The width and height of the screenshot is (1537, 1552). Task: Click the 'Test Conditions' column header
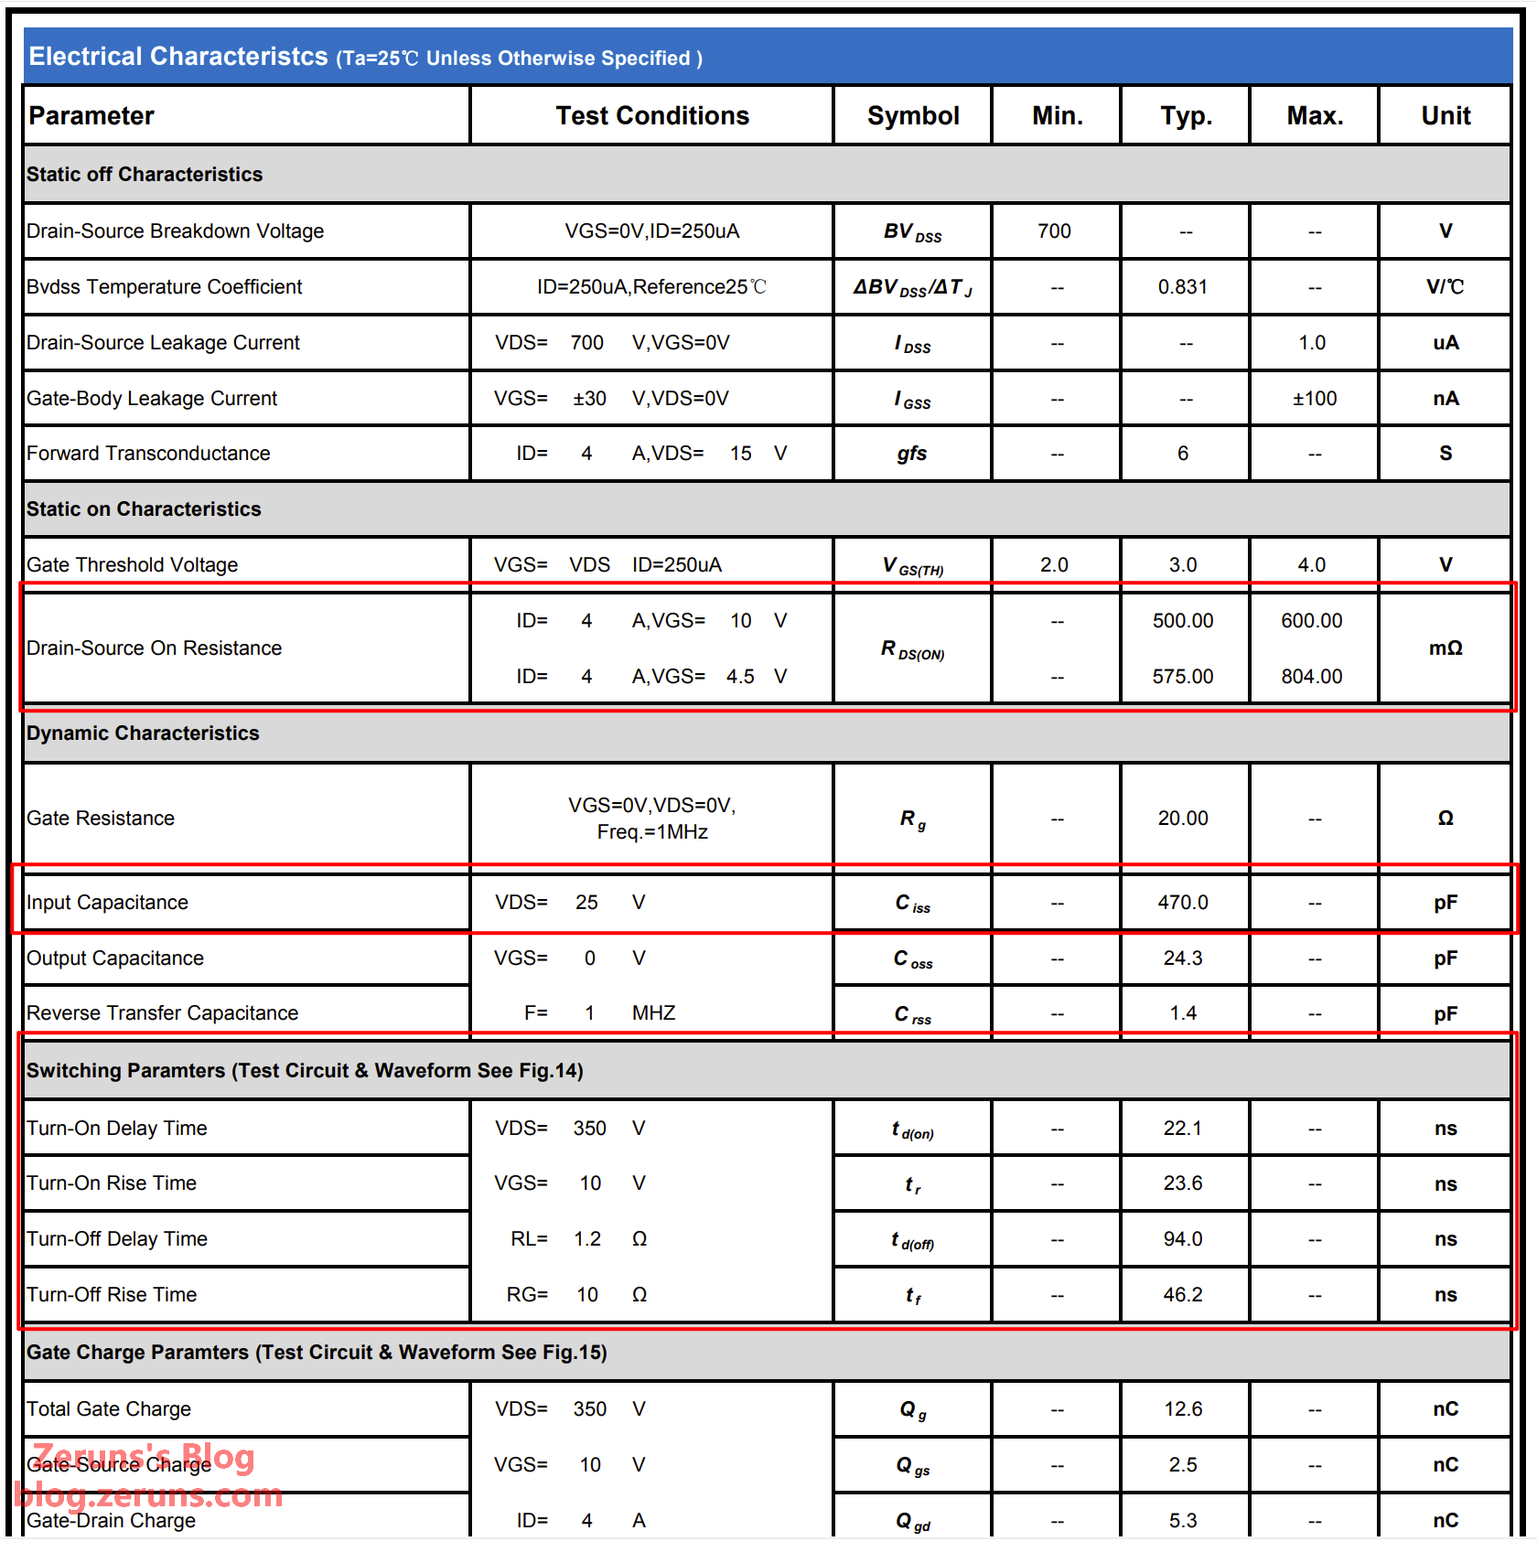click(x=651, y=116)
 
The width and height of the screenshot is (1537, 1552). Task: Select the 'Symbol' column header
click(x=912, y=116)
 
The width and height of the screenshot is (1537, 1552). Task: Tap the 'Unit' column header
click(x=1445, y=116)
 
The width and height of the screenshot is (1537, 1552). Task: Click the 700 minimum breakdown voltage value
click(x=1054, y=231)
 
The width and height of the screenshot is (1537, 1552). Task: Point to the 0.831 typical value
click(x=1182, y=287)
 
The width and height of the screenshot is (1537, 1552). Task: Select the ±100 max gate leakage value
click(x=1314, y=399)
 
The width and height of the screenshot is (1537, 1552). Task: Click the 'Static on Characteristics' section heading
click(x=144, y=509)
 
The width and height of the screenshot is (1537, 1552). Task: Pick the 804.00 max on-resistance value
click(x=1311, y=677)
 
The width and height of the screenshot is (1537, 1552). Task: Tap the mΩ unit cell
click(x=1445, y=648)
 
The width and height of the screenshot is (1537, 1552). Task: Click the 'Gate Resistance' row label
click(x=101, y=819)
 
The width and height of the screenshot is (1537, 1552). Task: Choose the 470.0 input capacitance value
click(x=1182, y=903)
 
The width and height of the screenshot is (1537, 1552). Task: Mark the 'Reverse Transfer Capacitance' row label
click(x=162, y=1013)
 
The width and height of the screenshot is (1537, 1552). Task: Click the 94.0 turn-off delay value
click(x=1182, y=1239)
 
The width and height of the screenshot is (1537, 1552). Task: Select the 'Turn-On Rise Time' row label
click(x=112, y=1183)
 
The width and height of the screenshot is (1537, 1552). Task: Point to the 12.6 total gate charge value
click(x=1182, y=1409)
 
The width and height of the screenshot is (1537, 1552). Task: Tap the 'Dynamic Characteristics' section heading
click(x=143, y=733)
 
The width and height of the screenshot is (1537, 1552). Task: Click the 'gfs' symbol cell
click(x=911, y=454)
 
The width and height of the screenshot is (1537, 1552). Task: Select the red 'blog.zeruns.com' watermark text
click(x=148, y=1496)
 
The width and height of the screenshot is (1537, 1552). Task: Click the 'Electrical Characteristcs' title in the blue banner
click(x=178, y=57)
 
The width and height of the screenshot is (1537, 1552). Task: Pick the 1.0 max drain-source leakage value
click(x=1311, y=343)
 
